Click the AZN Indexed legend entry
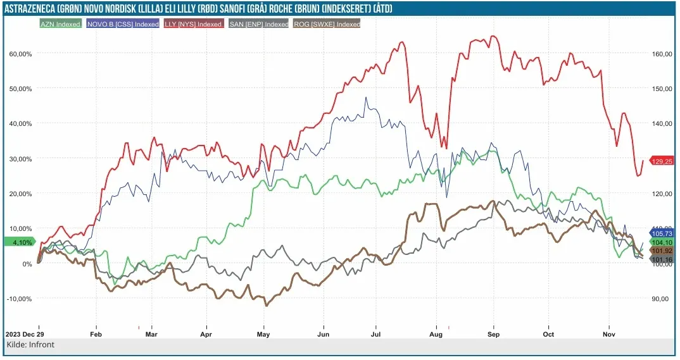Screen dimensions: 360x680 60,24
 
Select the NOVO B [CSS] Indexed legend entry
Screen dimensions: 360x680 121,24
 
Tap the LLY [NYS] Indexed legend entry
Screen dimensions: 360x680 193,24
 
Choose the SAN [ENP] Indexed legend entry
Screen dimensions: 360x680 258,24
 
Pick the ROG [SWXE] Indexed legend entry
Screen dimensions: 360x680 327,24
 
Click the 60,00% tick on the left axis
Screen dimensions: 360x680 20,54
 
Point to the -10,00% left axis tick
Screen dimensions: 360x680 19,299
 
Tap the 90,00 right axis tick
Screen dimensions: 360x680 660,299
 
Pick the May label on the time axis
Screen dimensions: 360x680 264,333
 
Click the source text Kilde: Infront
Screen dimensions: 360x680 30,345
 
